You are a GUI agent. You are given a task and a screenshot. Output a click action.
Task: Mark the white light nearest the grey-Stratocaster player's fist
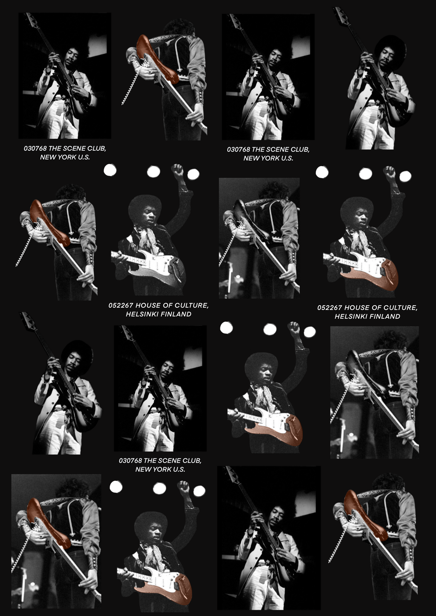[x=193, y=174]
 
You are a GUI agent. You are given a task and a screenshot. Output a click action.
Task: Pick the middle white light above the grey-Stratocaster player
[x=153, y=172]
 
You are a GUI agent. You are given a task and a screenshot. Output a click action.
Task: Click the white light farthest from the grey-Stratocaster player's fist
[x=110, y=170]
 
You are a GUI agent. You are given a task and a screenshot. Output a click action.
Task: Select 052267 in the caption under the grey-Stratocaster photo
[x=121, y=305]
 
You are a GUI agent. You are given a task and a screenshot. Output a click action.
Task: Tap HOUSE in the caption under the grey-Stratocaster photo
[x=146, y=305]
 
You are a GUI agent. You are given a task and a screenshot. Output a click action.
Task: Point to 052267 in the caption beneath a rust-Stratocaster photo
[x=330, y=308]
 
